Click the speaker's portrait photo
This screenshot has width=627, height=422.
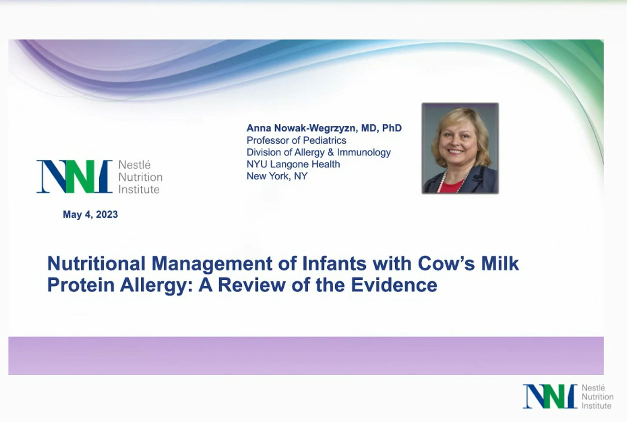click(460, 148)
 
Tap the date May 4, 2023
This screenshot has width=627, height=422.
click(90, 214)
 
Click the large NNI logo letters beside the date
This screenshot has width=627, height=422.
click(74, 177)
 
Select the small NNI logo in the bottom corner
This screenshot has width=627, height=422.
click(550, 396)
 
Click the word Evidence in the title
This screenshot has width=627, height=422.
click(394, 285)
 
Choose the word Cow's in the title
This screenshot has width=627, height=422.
click(446, 264)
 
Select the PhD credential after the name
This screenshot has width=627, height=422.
click(392, 128)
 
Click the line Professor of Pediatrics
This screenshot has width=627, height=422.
click(296, 140)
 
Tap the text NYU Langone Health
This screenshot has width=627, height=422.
click(293, 164)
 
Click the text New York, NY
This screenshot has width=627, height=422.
click(277, 176)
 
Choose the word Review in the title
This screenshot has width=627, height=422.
click(252, 285)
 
